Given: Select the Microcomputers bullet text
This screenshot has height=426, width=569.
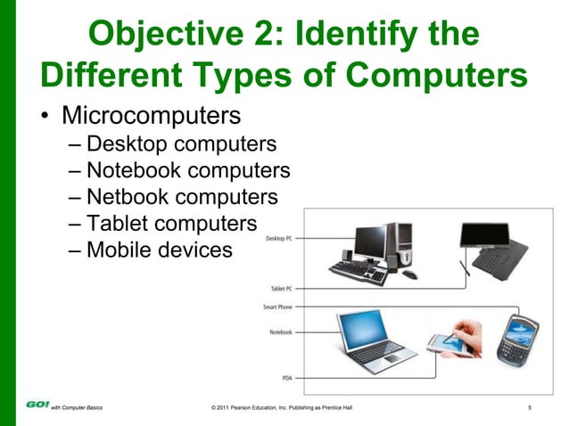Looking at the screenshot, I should click(x=150, y=117).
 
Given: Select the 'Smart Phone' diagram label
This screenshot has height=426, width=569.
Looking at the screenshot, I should click(x=277, y=307).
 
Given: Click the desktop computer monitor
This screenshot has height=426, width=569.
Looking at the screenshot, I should click(x=368, y=241).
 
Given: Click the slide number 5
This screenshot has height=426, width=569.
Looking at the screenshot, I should click(x=530, y=407).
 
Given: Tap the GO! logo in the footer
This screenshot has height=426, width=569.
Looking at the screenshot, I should click(x=37, y=405).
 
